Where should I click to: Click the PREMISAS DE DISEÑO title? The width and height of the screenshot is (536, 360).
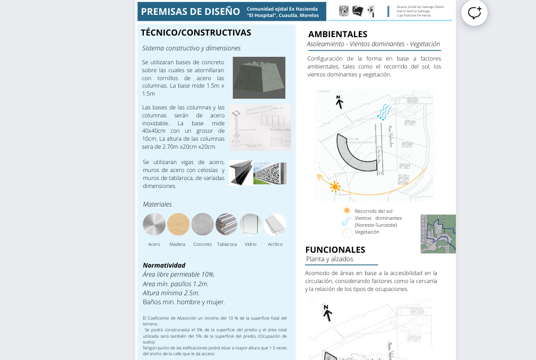coord(191,12)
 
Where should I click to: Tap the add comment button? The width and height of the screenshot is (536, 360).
coord(474,13)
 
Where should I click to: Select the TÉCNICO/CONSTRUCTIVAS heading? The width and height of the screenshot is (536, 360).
coord(196,33)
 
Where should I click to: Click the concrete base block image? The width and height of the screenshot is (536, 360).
coord(259,78)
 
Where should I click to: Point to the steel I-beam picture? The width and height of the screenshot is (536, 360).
coord(241,173)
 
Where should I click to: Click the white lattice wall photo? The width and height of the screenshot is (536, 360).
coord(270,173)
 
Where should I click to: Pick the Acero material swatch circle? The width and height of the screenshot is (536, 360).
coord(154,224)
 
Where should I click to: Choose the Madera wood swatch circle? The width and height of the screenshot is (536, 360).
coord(178,224)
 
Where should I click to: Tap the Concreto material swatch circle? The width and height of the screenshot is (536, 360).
coord(202,224)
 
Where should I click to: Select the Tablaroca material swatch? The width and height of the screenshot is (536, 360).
coord(227,224)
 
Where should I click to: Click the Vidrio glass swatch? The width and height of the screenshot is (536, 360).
coord(250,224)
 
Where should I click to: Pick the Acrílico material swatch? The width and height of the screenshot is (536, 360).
coord(275,224)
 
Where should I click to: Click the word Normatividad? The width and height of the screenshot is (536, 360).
coord(164,265)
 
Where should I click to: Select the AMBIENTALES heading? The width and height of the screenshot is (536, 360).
coord(338,34)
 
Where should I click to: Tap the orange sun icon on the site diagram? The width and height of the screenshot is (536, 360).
coord(334,186)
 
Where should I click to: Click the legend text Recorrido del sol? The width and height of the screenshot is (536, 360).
coord(373,211)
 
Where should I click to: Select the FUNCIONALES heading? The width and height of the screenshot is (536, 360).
coord(335,250)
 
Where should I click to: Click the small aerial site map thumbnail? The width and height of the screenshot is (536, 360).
coord(438,234)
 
